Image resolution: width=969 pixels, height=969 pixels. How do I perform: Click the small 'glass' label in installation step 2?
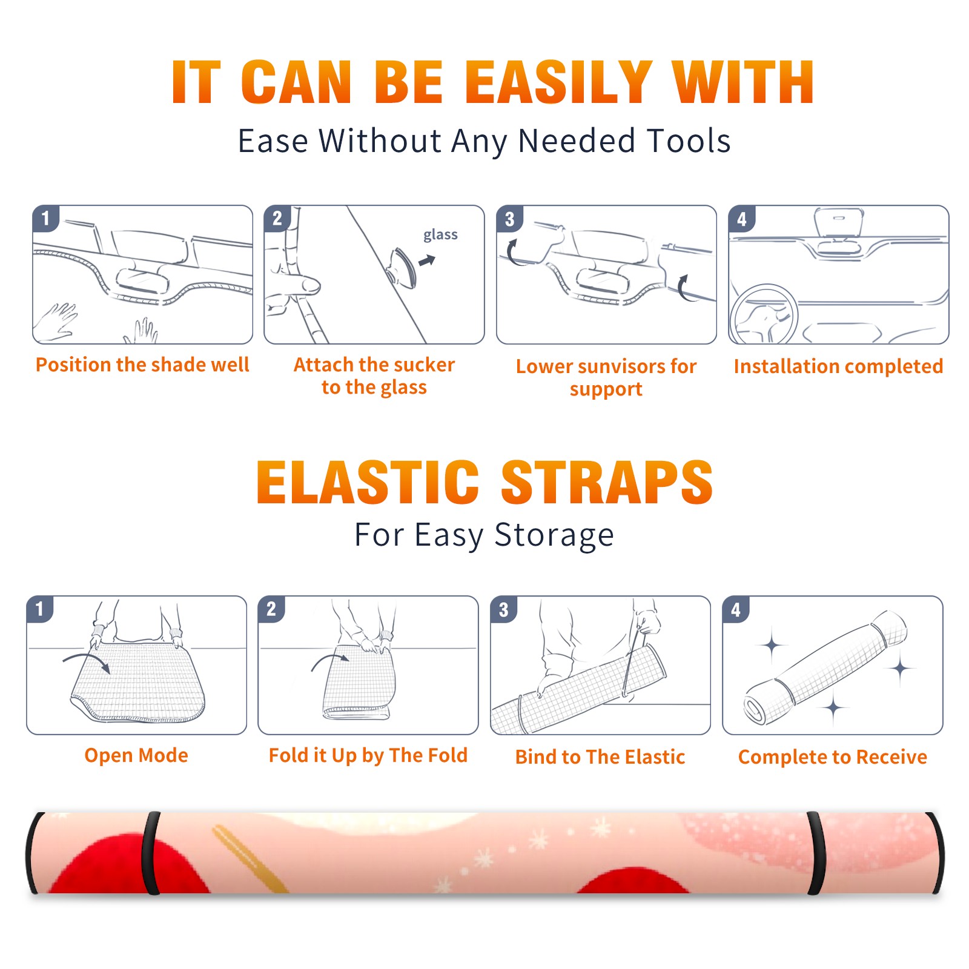click(x=440, y=235)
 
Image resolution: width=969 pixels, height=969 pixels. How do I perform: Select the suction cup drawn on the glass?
click(x=403, y=267)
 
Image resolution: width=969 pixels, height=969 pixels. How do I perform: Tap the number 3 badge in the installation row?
click(x=510, y=219)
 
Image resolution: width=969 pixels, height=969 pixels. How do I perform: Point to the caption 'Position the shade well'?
click(x=142, y=365)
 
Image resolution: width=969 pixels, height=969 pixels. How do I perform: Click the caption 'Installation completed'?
click(x=838, y=366)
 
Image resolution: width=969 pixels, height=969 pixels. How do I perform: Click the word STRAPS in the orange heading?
click(x=607, y=482)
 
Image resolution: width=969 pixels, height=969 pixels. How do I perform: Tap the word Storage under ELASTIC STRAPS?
click(x=554, y=536)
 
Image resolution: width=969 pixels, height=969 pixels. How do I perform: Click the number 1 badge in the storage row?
click(x=40, y=609)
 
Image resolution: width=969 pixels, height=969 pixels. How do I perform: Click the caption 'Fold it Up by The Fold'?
click(x=368, y=755)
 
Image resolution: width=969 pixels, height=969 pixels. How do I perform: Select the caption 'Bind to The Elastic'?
click(x=600, y=757)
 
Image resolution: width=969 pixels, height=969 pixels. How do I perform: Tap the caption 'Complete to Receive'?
click(x=833, y=757)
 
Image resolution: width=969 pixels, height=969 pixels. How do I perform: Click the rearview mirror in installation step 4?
click(x=839, y=223)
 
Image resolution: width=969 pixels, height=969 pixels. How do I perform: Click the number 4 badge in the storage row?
click(x=736, y=609)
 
